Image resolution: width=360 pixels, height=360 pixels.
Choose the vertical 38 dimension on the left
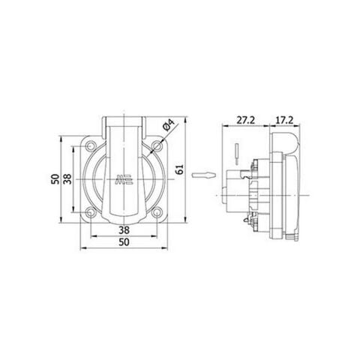[x=68, y=180]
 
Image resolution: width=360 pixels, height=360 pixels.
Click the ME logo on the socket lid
[x=122, y=179]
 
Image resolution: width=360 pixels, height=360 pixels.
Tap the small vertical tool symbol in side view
[x=237, y=151]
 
